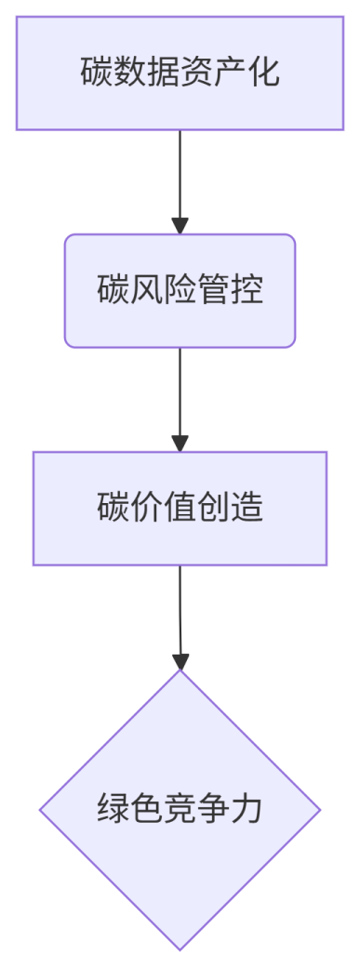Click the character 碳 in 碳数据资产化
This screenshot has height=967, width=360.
(96, 73)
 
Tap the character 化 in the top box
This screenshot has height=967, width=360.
(263, 73)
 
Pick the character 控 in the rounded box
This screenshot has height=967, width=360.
(248, 290)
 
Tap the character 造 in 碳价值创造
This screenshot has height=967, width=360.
(248, 508)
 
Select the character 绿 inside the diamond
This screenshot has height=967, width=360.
(112, 810)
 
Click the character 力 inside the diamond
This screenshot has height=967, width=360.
(248, 810)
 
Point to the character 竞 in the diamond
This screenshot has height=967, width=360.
(180, 810)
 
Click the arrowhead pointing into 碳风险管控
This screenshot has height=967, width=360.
(180, 226)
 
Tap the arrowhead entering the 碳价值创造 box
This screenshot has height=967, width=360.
(180, 444)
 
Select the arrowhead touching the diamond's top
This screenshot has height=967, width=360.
(180, 661)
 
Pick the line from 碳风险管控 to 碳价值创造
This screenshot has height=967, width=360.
(180, 391)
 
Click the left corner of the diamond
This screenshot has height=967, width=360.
(42, 810)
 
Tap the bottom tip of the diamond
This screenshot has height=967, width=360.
(180, 947)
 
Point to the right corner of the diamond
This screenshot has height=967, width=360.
(318, 810)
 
